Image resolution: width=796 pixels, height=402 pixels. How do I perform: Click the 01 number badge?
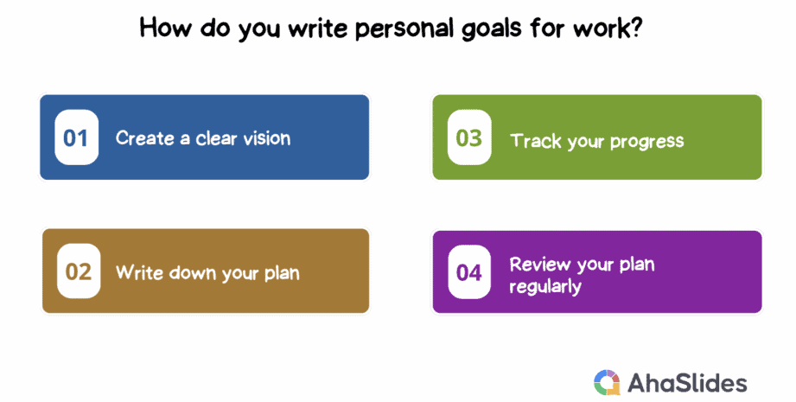76,137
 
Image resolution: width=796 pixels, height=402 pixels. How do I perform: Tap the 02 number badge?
79,271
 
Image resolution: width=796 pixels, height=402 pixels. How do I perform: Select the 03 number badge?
469,137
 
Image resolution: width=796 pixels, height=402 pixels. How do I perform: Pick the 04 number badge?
469,272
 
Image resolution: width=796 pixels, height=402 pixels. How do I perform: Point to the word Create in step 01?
145,138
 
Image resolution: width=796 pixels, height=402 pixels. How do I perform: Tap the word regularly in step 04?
545,287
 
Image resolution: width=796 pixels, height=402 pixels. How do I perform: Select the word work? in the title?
607,29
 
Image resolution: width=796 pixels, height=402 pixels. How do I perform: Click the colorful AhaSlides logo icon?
607,382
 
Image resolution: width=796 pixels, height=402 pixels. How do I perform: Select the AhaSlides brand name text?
687,383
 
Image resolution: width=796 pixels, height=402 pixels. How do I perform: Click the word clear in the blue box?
216,138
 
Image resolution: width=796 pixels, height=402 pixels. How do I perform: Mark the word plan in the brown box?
282,273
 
